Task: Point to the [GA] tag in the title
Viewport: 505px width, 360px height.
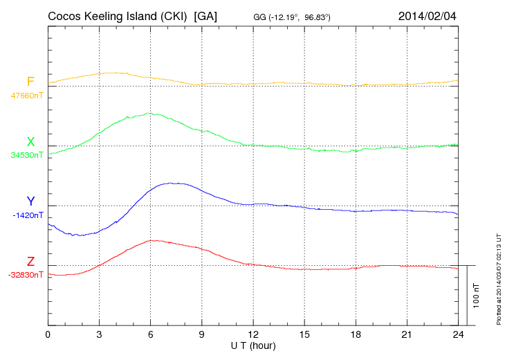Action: coord(206,16)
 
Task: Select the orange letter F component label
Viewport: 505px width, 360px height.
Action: coord(30,82)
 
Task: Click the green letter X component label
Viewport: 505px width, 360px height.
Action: coord(30,142)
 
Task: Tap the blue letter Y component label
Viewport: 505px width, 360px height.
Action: coord(30,201)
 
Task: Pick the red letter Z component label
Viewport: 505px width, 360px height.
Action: coord(30,262)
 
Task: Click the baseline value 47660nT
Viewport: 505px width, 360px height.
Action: coord(27,96)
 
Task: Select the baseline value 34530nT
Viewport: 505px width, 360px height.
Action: coord(27,155)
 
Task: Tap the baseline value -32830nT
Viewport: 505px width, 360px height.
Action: coord(26,275)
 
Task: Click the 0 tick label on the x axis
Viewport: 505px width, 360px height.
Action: coord(48,334)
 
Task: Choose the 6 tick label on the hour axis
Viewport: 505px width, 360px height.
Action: coord(150,334)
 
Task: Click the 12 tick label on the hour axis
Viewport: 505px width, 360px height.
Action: coord(252,334)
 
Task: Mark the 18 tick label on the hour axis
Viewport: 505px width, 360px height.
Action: coord(355,334)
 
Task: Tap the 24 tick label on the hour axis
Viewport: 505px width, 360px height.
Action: coord(457,334)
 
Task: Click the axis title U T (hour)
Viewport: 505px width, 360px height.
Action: coord(252,345)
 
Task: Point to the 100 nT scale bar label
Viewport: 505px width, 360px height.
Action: coord(477,295)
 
